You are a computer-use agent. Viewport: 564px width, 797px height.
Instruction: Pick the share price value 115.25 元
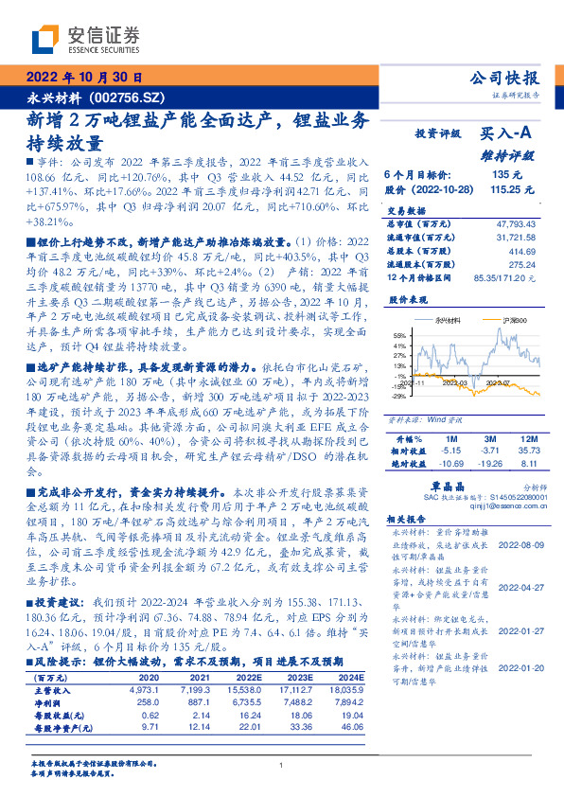tap(507, 189)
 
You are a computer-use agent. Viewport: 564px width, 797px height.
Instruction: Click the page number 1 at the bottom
tap(282, 765)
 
